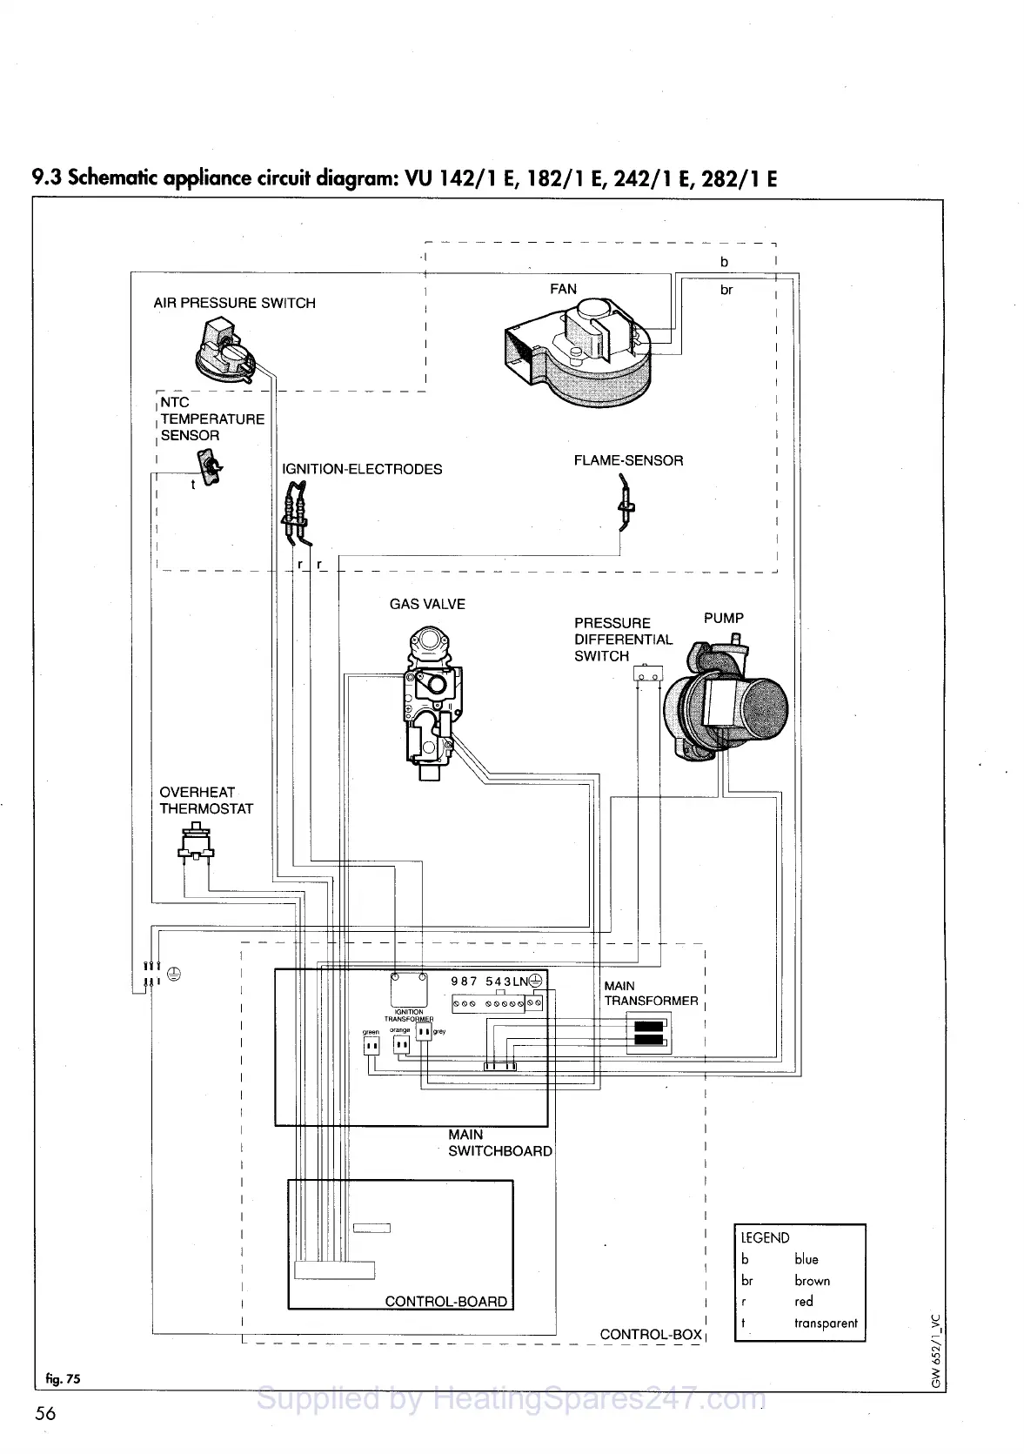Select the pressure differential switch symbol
[x=646, y=674]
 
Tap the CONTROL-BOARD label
[x=445, y=1302]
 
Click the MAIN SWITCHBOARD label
[x=499, y=1142]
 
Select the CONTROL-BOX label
[x=651, y=1334]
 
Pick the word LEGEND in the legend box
[x=765, y=1237]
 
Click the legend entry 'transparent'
[x=825, y=1323]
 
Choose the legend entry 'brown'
[x=811, y=1280]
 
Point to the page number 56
[x=44, y=1413]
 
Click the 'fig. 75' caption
[x=63, y=1378]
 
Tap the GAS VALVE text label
[x=427, y=604]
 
